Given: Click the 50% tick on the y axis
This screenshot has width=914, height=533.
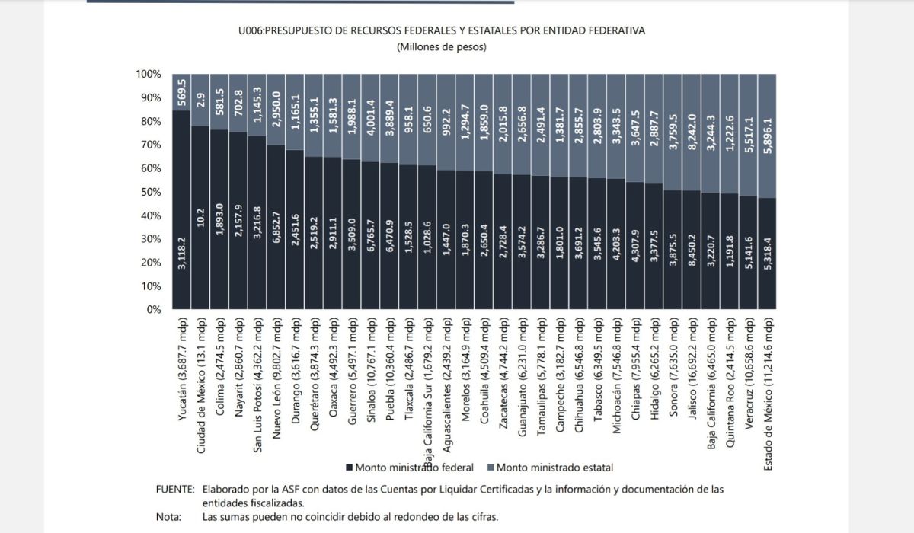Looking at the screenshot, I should click(149, 192).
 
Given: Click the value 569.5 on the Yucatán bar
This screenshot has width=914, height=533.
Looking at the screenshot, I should click(182, 91).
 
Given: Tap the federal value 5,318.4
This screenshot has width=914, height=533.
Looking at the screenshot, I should click(769, 254).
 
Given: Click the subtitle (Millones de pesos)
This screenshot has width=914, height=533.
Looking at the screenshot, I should click(442, 47).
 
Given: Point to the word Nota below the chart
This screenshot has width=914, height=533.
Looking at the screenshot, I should click(168, 517).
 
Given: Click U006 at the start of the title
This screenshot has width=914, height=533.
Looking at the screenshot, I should click(251, 30).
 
